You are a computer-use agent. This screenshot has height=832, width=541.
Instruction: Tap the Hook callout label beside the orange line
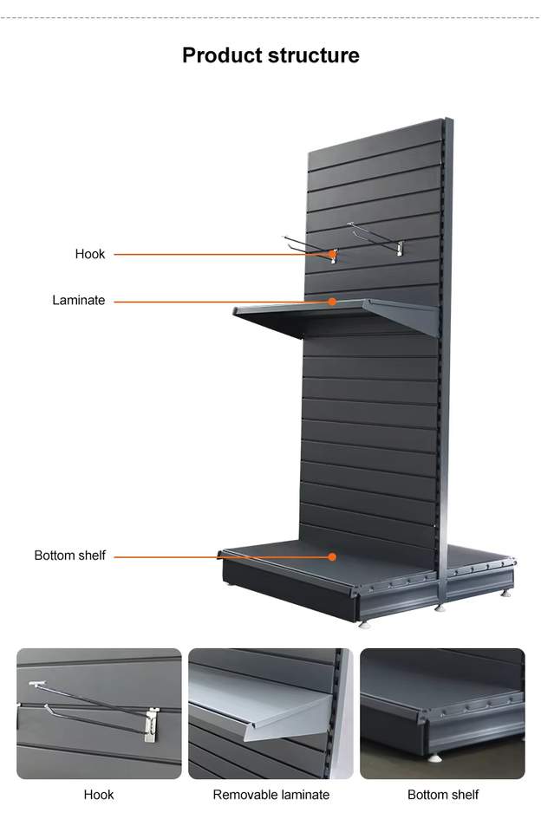point(89,254)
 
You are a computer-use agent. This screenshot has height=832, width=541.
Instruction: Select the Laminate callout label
point(78,301)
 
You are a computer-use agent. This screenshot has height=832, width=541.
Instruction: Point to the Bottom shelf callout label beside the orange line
point(69,556)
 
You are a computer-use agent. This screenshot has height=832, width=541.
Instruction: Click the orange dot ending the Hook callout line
point(333,254)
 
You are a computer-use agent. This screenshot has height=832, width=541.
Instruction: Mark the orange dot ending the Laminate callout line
point(332,302)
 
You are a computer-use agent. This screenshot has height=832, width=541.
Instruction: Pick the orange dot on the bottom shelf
point(332,556)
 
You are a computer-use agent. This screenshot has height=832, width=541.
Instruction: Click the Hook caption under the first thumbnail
point(98,795)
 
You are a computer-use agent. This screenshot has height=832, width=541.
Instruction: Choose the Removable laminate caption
point(270,795)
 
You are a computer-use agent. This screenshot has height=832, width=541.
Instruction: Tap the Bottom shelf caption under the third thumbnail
point(442,795)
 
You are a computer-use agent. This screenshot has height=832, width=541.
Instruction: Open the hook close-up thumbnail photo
point(99,713)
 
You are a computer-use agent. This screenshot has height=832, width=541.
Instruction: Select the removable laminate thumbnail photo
point(270,713)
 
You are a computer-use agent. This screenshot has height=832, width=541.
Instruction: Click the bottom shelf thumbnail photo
point(442,713)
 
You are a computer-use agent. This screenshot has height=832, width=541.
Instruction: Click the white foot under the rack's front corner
point(366,622)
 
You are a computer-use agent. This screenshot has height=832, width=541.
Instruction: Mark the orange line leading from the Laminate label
point(217,302)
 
